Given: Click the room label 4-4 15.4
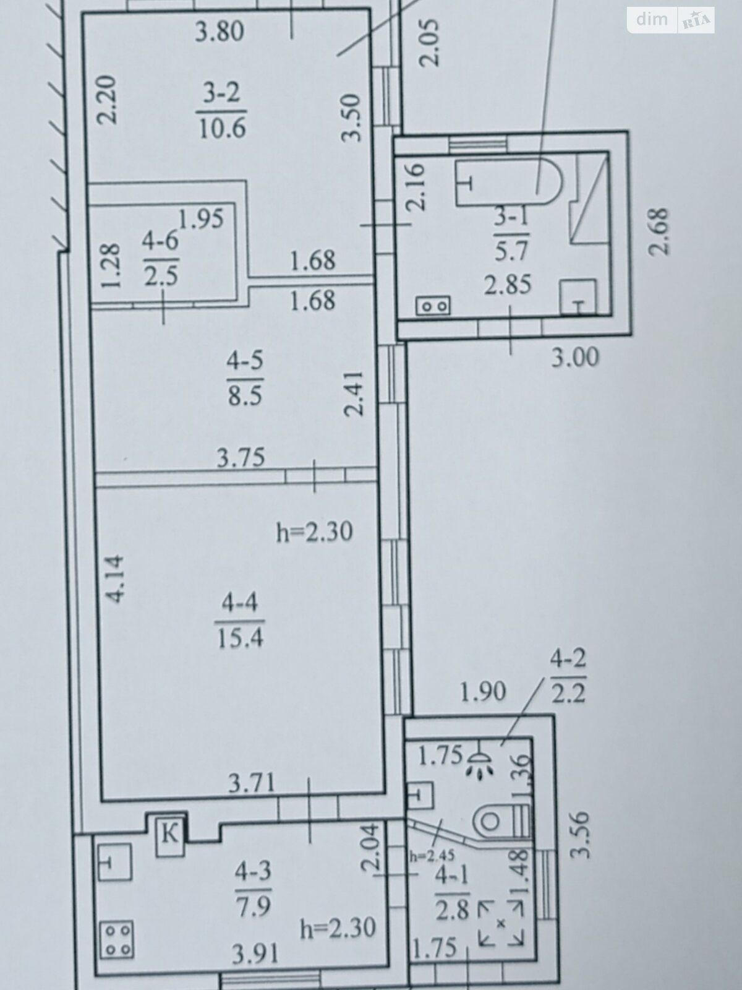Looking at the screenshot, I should tap(240, 619).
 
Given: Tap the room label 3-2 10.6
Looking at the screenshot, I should tap(221, 112).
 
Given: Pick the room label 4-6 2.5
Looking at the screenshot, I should tap(161, 259).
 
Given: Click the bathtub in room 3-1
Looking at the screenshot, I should tap(508, 183).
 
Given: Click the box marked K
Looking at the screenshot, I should tap(169, 835).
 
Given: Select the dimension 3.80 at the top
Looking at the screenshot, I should tap(220, 31).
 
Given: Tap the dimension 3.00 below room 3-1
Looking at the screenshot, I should tap(576, 358).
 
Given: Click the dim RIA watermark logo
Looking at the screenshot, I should tap(670, 20).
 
